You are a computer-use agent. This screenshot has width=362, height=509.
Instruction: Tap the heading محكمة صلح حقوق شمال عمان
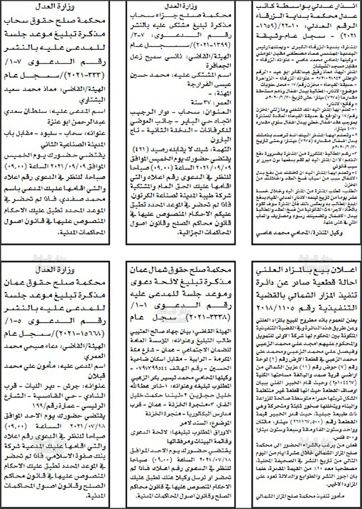180,269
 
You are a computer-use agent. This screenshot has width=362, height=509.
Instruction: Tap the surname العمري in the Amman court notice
95,357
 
